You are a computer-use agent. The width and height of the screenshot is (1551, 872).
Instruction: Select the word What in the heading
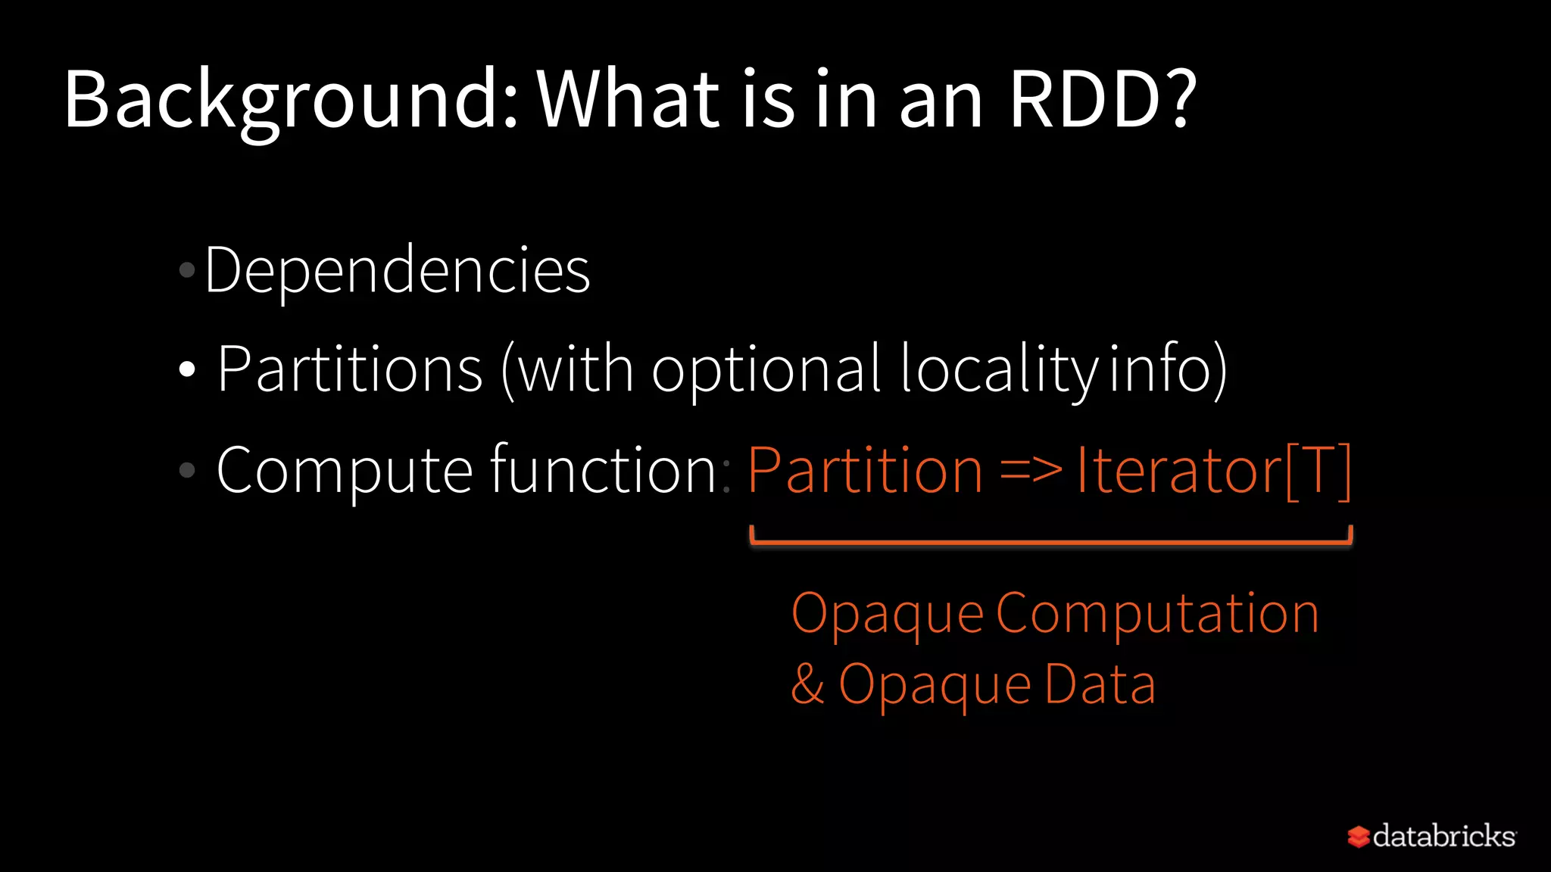(x=629, y=100)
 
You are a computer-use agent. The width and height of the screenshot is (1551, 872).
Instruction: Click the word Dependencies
(x=397, y=270)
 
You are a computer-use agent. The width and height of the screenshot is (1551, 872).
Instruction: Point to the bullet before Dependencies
(x=187, y=269)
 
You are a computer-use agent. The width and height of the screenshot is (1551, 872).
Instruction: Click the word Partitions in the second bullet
(x=350, y=369)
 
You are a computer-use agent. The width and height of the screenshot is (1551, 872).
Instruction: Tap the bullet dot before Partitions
(x=187, y=370)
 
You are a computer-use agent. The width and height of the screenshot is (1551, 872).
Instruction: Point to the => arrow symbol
(x=1030, y=471)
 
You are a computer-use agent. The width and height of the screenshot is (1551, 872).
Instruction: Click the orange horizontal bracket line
(x=1050, y=542)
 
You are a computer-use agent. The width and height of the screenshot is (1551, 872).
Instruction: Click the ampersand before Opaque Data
(x=807, y=684)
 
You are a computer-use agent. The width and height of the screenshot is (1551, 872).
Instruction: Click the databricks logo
(x=1431, y=836)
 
